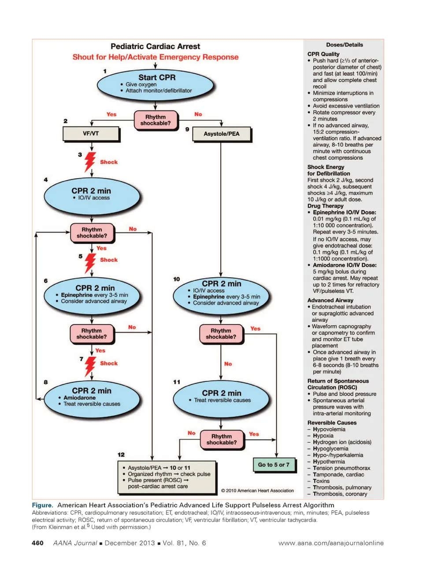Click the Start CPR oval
(x=156, y=84)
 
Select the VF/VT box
(x=91, y=134)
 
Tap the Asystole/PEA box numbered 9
(x=221, y=134)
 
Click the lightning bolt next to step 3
(x=90, y=162)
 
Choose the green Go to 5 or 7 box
(x=274, y=465)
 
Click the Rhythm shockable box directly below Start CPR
(x=156, y=120)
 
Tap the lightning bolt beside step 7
(x=90, y=366)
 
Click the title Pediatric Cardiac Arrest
(x=155, y=46)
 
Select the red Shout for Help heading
(x=155, y=57)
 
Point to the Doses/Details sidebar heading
(x=344, y=45)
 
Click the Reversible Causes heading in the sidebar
(x=332, y=423)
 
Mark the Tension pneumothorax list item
(x=341, y=468)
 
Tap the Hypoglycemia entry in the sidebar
(x=330, y=449)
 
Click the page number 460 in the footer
(x=37, y=543)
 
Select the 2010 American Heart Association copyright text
(x=257, y=491)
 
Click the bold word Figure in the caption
(x=42, y=505)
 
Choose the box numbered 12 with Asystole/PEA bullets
(x=167, y=477)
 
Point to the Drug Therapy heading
(x=325, y=206)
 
